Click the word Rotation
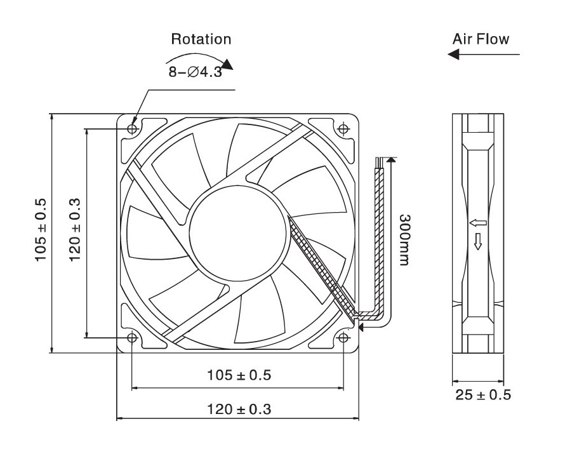[201, 39]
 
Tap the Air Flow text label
[481, 39]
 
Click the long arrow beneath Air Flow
[483, 55]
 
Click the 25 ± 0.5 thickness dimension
[483, 395]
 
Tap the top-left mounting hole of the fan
[132, 129]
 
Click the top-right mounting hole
[344, 129]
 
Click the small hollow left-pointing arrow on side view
[477, 223]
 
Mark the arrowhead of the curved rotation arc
[227, 63]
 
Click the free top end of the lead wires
[380, 160]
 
